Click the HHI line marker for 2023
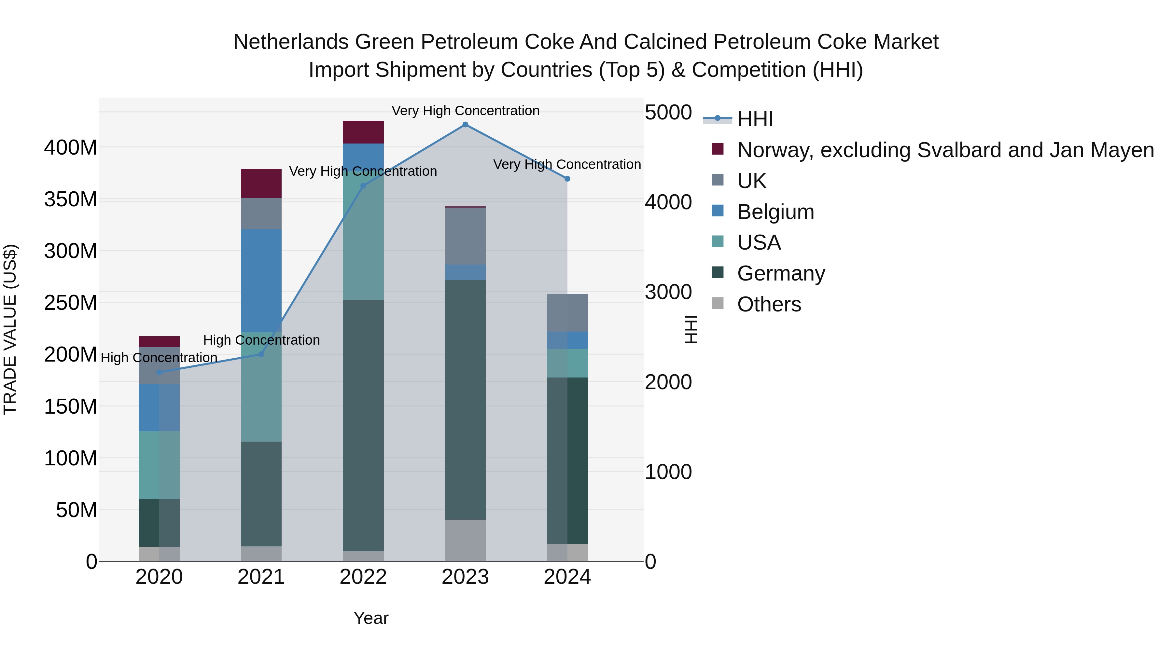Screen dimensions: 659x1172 pos(465,125)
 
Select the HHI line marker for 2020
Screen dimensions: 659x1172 pos(159,373)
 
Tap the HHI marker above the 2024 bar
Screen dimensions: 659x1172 pos(567,179)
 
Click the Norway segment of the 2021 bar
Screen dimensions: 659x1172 pos(261,183)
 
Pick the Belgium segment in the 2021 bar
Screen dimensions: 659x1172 pos(261,280)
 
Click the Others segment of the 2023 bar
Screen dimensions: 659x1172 pos(465,540)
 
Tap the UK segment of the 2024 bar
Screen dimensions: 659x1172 pos(567,313)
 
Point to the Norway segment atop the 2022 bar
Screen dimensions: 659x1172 pos(363,132)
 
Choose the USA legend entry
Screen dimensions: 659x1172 pos(759,242)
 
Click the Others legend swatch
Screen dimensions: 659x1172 pos(718,303)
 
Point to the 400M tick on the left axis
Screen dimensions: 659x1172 pos(71,148)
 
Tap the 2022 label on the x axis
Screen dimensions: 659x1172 pos(363,577)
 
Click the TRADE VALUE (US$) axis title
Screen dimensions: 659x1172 pos(10,329)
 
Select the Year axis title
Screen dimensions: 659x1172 pos(371,618)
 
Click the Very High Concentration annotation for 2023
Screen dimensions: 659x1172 pos(465,111)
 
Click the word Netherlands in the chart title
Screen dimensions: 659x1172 pos(291,42)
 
